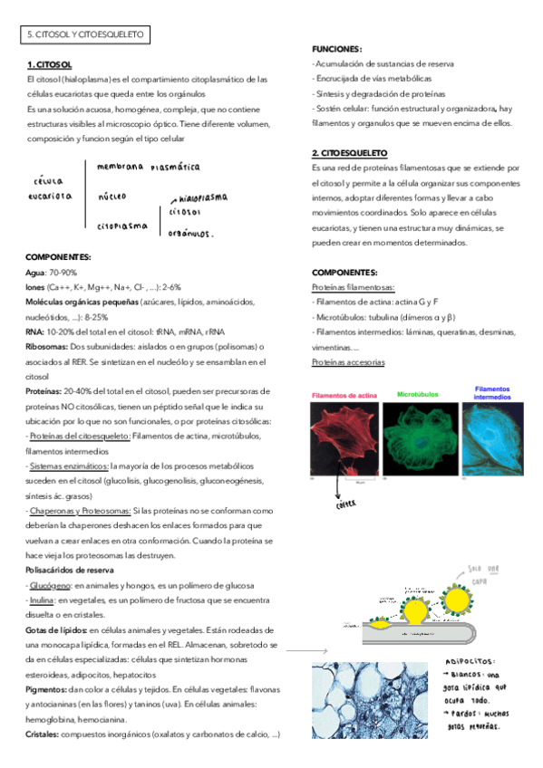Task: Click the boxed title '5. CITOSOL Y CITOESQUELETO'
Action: tap(87, 35)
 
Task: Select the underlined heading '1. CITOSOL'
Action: tap(49, 65)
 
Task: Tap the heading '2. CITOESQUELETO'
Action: tap(349, 153)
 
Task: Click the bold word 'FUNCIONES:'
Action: tap(336, 50)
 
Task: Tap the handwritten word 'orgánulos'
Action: tap(189, 233)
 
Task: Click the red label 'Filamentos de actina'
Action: tap(344, 396)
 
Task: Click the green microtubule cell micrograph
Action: tap(419, 439)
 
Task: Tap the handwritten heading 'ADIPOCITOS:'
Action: tap(474, 662)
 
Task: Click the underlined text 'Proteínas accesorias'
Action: tap(348, 362)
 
